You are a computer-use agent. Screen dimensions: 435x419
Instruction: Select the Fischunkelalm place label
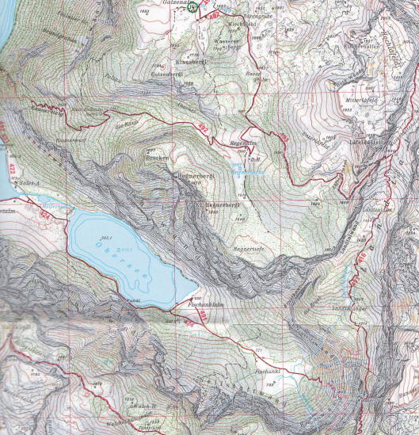(209, 303)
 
